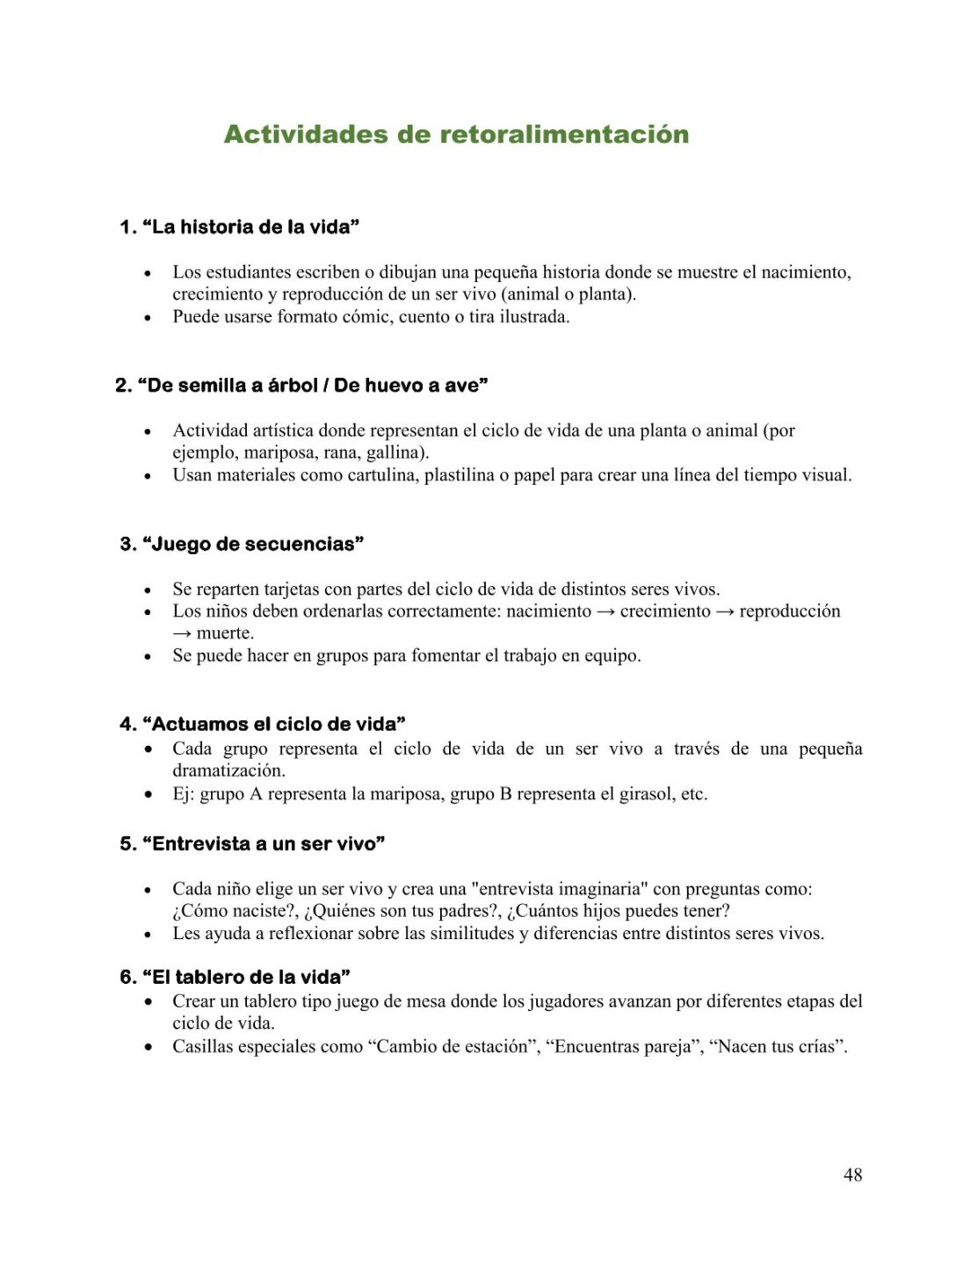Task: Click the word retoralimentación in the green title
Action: point(563,134)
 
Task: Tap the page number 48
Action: point(852,1175)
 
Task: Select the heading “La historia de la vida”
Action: point(250,227)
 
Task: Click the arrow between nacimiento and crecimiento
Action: point(605,611)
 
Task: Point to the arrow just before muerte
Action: point(182,633)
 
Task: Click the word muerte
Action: point(225,633)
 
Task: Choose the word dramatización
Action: point(228,770)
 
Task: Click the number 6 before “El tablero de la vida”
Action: point(127,977)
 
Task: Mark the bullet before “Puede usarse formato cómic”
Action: point(148,317)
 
